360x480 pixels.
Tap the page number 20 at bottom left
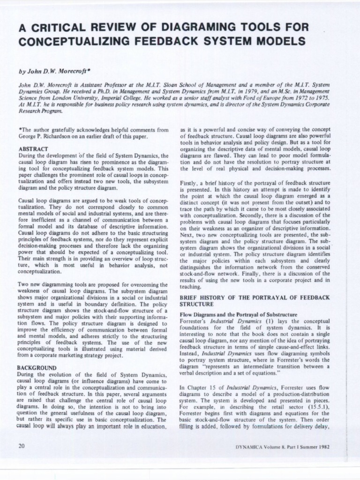21,446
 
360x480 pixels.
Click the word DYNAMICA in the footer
252,447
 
